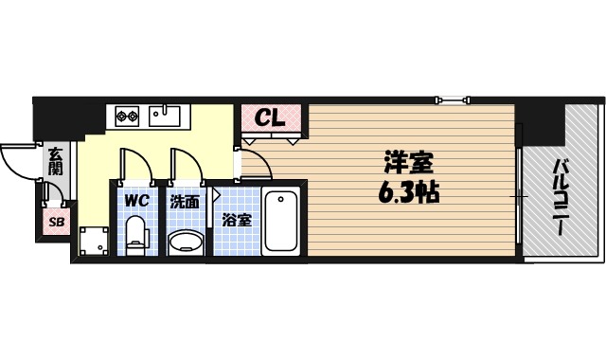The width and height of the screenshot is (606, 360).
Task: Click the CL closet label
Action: pos(271,119)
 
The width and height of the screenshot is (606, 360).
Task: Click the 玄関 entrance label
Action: pos(56,161)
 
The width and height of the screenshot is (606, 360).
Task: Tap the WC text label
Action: pos(134,201)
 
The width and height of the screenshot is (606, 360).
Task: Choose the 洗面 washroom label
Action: pos(184,202)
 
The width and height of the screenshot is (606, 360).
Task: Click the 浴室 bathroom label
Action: pos(236,220)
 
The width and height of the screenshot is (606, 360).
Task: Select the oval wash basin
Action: pos(186,243)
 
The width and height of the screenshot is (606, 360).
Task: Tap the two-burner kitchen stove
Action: pos(128,117)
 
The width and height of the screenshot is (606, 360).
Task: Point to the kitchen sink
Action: pos(166,116)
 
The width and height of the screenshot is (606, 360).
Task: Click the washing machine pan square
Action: pos(94,242)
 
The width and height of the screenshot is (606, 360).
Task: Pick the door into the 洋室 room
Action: pos(256,163)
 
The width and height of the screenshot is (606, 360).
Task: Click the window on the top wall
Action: pos(453,99)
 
